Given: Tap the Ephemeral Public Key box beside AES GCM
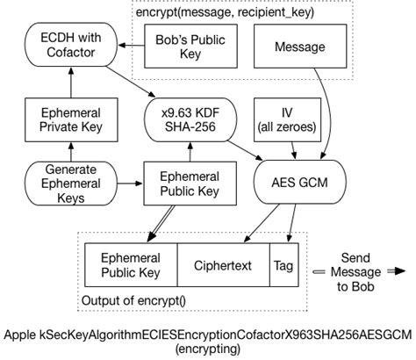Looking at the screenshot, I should point(184,184).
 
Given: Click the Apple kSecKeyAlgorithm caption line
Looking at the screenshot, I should point(207,335).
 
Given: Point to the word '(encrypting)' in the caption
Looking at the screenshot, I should point(207,349).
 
